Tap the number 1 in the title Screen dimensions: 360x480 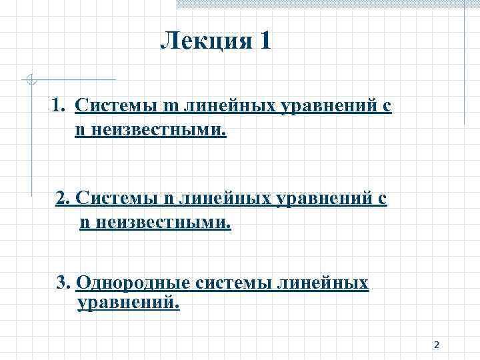pyautogui.click(x=265, y=42)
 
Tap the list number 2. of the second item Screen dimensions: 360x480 pyautogui.click(x=63, y=198)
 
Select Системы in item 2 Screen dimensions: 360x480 pyautogui.click(x=117, y=198)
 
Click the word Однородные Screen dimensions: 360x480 pyautogui.click(x=134, y=283)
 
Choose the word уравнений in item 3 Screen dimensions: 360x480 pyautogui.click(x=129, y=303)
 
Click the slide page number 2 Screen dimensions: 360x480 pyautogui.click(x=436, y=345)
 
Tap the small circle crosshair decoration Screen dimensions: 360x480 pyautogui.click(x=30, y=81)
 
